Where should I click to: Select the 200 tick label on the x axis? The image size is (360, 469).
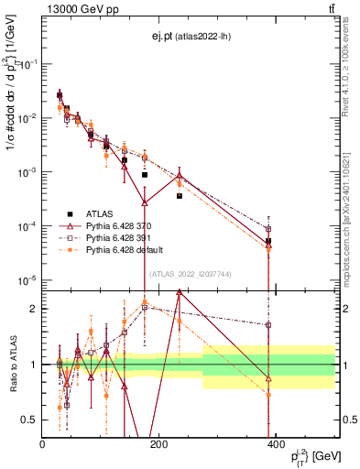pos(158,445)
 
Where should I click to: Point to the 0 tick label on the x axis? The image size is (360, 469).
pos(42,445)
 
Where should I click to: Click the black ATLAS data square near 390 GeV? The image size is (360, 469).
pos(268,241)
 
